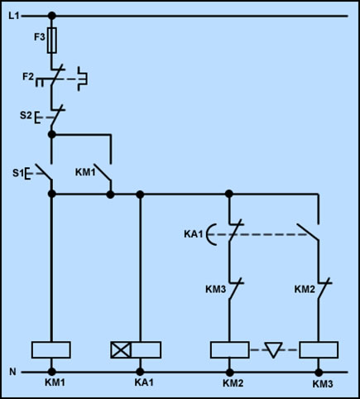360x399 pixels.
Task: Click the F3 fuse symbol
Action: click(x=52, y=41)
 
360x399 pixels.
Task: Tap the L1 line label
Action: click(x=14, y=16)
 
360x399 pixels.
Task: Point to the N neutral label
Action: click(x=12, y=372)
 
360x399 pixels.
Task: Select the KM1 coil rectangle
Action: click(x=51, y=350)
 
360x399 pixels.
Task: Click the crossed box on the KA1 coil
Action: click(x=121, y=350)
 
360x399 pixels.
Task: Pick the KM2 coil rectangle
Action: click(x=230, y=350)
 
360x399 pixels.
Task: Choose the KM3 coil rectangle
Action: click(x=319, y=350)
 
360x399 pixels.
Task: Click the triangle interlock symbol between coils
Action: click(x=273, y=350)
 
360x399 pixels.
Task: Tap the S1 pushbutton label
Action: click(x=18, y=173)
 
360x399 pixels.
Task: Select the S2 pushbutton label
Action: click(x=26, y=115)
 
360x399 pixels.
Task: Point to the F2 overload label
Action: click(x=28, y=76)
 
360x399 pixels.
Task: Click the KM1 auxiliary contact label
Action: click(x=85, y=172)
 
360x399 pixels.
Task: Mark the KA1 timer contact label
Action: click(x=194, y=234)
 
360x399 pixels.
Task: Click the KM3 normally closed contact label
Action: click(x=216, y=289)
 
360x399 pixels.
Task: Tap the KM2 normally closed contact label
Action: click(x=305, y=289)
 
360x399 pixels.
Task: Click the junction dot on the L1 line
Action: click(x=51, y=16)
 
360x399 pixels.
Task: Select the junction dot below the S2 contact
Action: click(x=51, y=135)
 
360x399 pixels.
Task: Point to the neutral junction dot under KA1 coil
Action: click(x=140, y=372)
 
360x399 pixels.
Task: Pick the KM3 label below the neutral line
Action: click(x=323, y=384)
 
